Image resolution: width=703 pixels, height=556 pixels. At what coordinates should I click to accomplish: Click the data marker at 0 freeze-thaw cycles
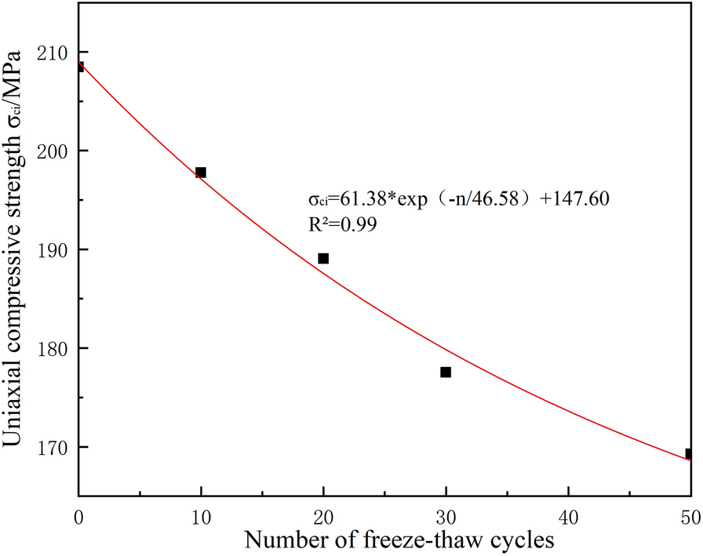point(79,67)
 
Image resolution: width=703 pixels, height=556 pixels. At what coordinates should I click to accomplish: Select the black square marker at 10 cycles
point(201,173)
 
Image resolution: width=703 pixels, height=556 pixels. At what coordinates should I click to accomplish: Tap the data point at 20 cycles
point(323,258)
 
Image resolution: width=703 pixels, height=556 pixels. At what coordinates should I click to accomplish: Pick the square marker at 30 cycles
point(446,372)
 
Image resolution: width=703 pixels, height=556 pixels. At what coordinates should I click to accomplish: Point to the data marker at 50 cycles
point(689,453)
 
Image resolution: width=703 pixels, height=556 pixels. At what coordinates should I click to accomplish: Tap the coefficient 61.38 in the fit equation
point(361,198)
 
